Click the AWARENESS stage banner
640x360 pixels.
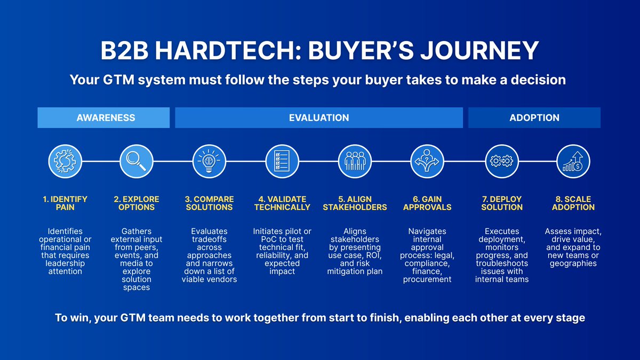pos(103,118)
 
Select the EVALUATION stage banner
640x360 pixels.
pos(319,118)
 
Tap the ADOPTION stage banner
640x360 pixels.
pos(534,118)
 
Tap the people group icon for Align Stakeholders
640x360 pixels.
pos(355,161)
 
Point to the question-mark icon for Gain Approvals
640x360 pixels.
pos(427,161)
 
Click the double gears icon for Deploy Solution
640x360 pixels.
pos(502,161)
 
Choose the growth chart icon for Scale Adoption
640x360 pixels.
pos(573,161)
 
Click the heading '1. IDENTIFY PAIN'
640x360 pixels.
pos(65,203)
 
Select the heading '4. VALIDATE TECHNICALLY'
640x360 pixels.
pos(282,203)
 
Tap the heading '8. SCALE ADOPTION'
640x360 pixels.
pos(573,203)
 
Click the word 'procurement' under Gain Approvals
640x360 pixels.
pos(427,279)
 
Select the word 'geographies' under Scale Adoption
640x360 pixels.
pos(573,263)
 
